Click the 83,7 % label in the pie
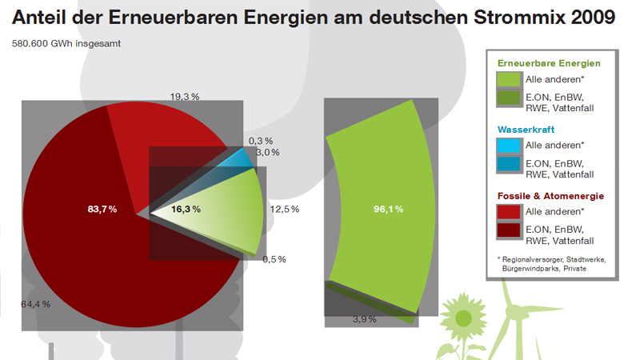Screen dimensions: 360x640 pos(102,210)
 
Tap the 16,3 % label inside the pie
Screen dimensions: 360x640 pos(186,210)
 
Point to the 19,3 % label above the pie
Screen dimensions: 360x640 pos(184,97)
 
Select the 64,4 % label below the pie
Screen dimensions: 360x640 pos(35,304)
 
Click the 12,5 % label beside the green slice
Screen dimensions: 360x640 pos(285,210)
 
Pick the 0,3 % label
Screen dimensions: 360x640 pos(261,141)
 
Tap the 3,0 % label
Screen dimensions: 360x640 pos(267,152)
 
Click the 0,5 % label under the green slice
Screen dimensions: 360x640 pos(274,259)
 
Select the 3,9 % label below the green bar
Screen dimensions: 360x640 pos(366,319)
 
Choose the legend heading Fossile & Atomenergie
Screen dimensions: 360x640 pos(550,196)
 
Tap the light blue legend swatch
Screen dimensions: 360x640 pos(509,146)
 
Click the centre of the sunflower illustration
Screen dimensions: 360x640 pos(462,318)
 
